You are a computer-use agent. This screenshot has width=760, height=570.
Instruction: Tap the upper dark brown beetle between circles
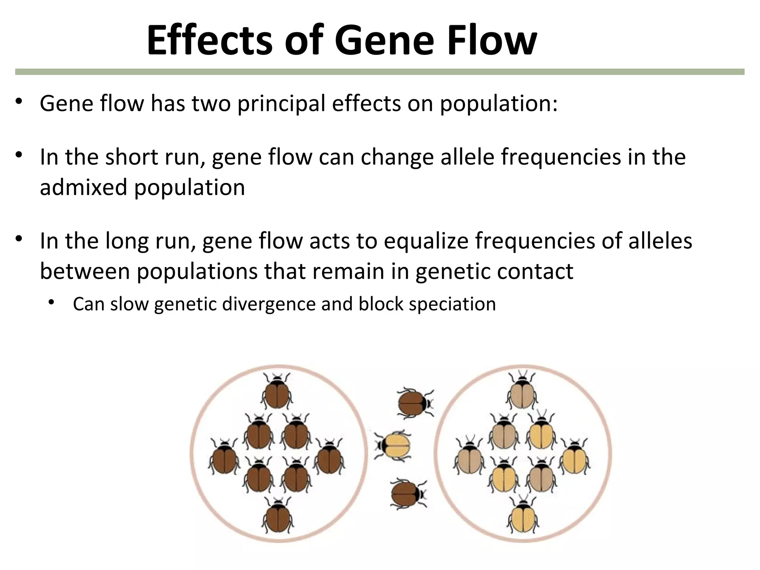[x=415, y=402]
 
